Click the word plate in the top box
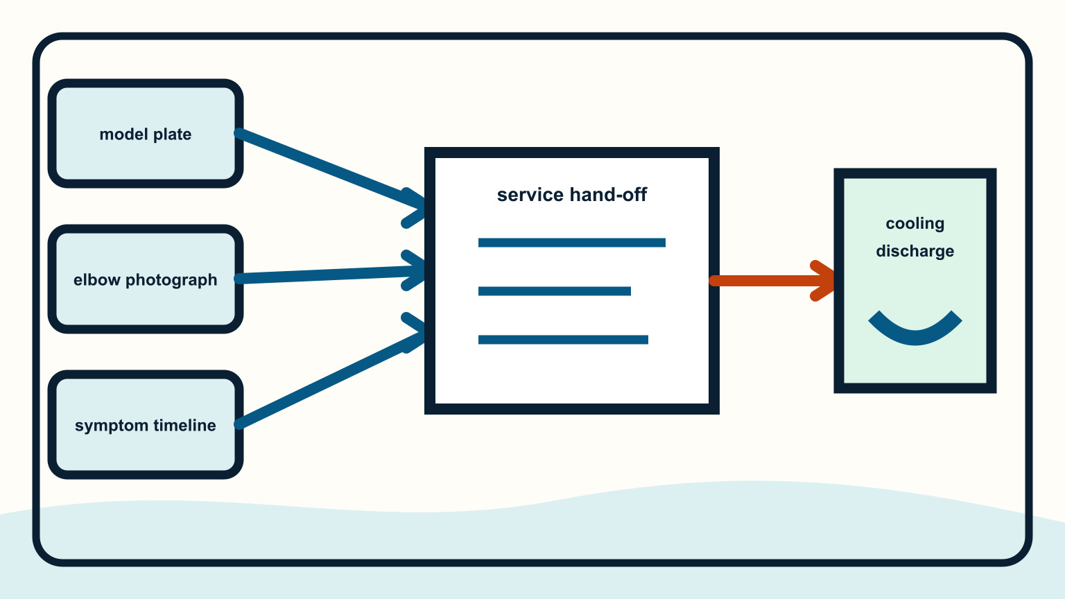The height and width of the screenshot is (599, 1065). point(173,134)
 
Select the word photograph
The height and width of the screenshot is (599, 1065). point(171,281)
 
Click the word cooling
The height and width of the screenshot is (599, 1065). point(915,224)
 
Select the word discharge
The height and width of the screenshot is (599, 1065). point(915,251)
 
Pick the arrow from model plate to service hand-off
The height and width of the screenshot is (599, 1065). point(331,171)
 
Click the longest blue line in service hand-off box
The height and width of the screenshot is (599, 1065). point(571,243)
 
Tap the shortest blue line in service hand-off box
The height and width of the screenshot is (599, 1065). point(555,291)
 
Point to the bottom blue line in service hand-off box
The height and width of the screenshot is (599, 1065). point(563,340)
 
